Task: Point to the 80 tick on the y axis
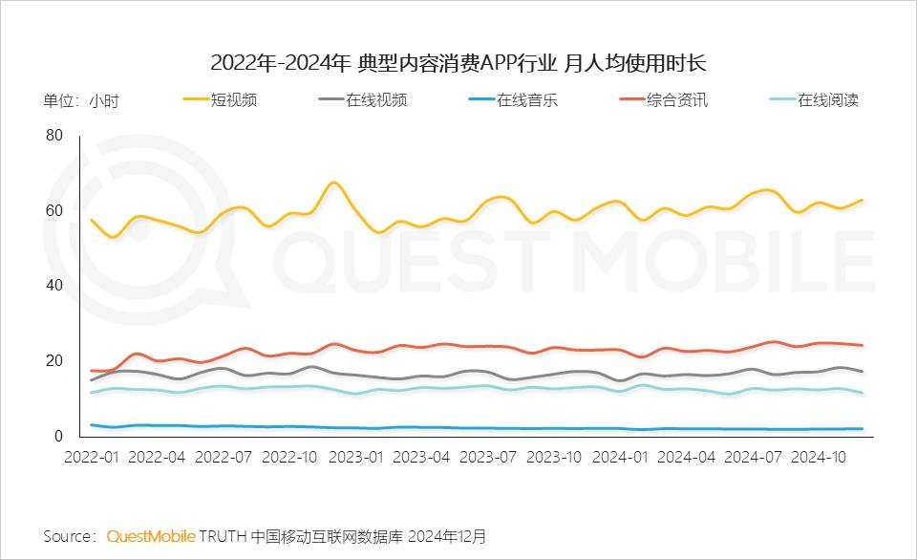click(53, 136)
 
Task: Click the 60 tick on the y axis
click(53, 211)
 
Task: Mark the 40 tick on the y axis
click(53, 286)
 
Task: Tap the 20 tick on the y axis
click(53, 361)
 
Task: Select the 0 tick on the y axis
click(58, 436)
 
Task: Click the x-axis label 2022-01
click(92, 457)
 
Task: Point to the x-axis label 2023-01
click(355, 457)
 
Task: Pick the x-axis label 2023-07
click(487, 457)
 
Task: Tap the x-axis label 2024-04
click(686, 457)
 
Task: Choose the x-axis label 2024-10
click(818, 457)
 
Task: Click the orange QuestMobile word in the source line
click(151, 535)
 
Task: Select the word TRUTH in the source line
click(223, 535)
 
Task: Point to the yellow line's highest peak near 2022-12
click(333, 182)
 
